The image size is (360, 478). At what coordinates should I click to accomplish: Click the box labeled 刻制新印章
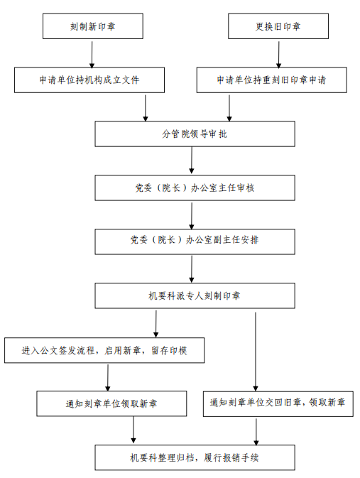pos(93,26)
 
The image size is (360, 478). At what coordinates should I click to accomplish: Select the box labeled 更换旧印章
pos(278,26)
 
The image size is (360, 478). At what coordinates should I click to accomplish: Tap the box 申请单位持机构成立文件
pos(89,80)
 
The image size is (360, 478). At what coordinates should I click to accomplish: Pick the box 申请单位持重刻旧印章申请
pos(272,80)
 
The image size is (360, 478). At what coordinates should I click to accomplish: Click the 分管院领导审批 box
pos(195,134)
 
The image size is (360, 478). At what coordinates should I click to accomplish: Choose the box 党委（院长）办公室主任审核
pos(195,188)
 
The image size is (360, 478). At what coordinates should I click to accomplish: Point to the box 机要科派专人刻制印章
pos(195,295)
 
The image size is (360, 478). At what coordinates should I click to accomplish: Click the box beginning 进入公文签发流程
pos(104,350)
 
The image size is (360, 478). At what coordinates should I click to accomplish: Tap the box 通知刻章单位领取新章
pos(111,403)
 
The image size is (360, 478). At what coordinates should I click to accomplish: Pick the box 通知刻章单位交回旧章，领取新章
pos(278,404)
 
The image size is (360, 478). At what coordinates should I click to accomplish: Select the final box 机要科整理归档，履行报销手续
pos(195,457)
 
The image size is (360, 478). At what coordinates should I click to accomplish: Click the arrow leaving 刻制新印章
pos(92,55)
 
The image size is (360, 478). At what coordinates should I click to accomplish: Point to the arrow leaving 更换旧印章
pos(278,55)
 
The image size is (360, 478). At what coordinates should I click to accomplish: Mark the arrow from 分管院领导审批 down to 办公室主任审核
pos(192,161)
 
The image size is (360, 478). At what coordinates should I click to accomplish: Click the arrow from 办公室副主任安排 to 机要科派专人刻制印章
pos(192,269)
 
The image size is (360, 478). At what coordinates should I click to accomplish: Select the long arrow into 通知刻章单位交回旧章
pos(256,352)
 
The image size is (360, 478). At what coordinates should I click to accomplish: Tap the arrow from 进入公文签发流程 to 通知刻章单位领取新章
pos(108,378)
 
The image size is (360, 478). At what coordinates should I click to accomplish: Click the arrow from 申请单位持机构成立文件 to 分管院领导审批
pos(146,108)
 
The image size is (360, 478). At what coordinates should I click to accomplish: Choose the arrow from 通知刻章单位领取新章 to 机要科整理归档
pos(133,430)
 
